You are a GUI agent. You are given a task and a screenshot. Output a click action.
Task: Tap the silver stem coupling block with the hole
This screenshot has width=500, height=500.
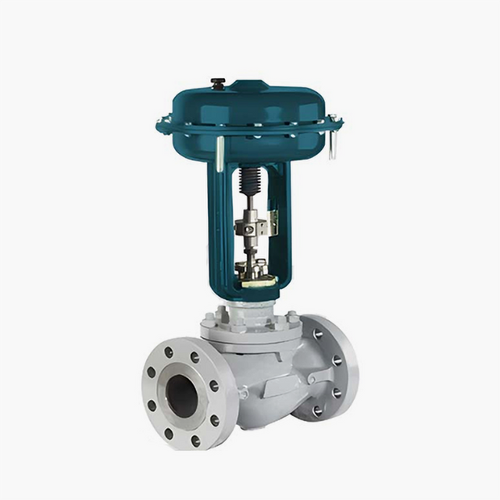tap(251, 227)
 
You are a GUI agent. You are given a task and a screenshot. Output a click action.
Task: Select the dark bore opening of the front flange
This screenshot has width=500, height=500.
tap(182, 395)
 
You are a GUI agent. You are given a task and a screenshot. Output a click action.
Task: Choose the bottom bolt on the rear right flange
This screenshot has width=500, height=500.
tap(318, 410)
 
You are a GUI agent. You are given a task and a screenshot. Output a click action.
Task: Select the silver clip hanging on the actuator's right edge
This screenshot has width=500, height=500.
tap(333, 145)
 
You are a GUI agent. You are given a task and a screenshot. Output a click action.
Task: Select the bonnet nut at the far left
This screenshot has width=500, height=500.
tap(207, 321)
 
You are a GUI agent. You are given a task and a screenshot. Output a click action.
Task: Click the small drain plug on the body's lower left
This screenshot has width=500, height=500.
tap(244, 393)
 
